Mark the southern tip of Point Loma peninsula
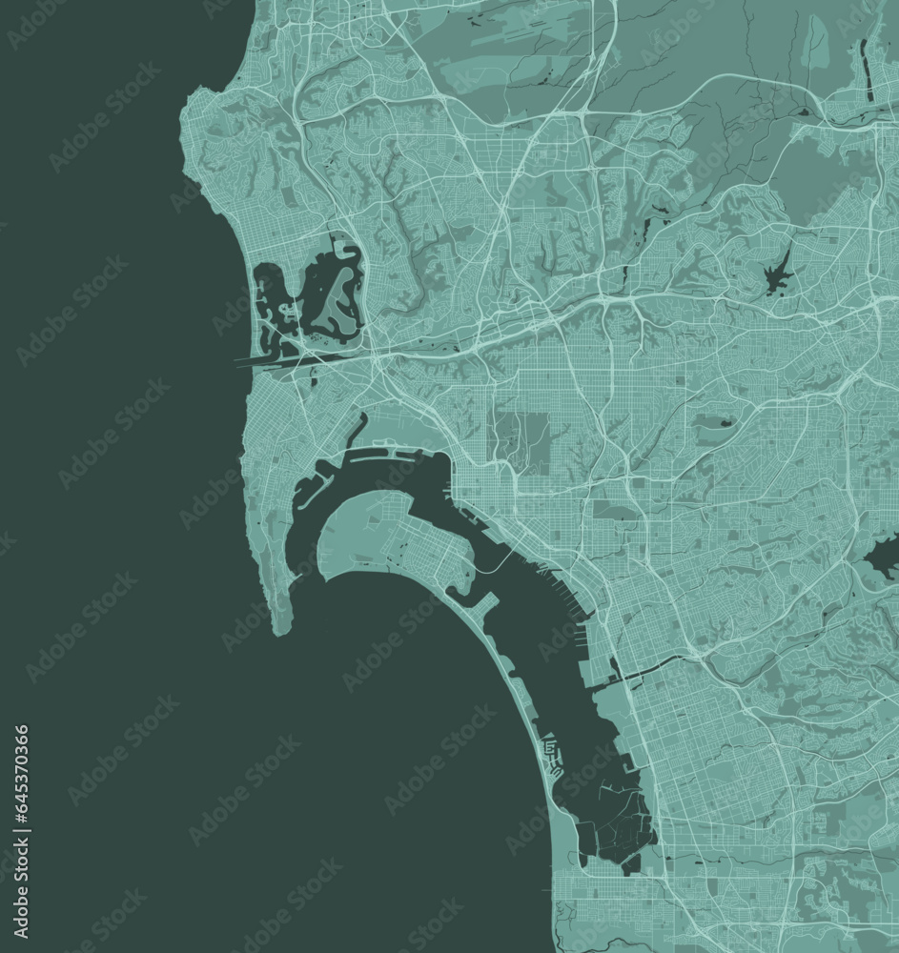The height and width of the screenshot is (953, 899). [x=280, y=630]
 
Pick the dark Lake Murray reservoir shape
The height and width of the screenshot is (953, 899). [x=778, y=275]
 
